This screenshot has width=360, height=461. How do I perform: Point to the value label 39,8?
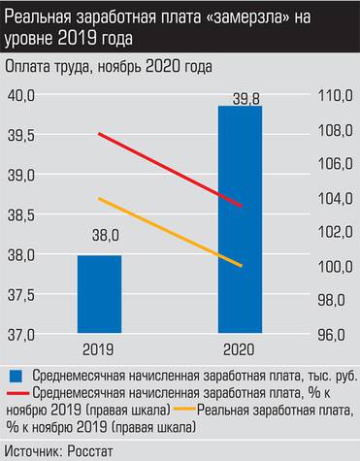tap(240, 94)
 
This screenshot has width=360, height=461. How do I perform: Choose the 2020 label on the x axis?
tap(240, 348)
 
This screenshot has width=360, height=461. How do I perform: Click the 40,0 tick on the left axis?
tap(21, 95)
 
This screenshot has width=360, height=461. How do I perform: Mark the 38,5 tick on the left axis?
tap(21, 214)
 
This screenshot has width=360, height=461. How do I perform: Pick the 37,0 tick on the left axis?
tap(21, 334)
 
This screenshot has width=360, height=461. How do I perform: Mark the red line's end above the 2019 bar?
tap(100, 133)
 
